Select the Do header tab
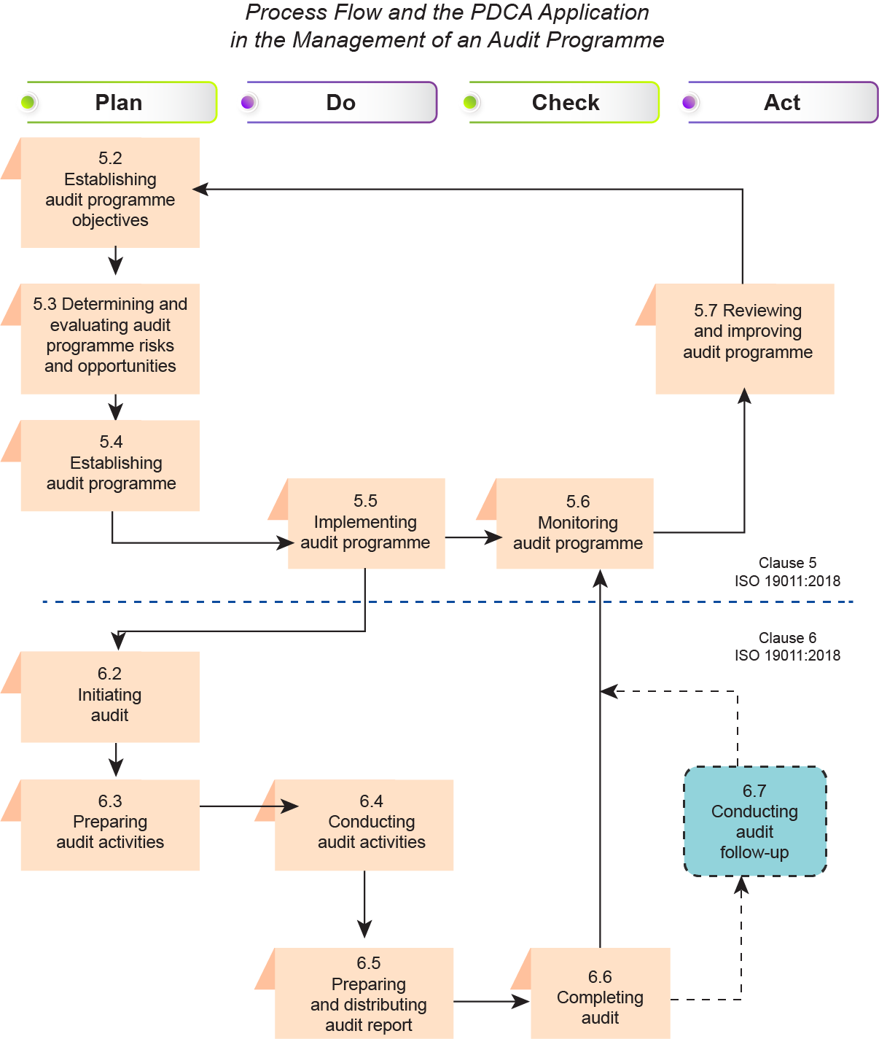point(341,103)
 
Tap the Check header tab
point(565,103)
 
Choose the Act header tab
point(781,103)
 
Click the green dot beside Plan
point(28,102)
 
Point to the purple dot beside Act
point(689,102)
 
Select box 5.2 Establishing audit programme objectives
point(110,192)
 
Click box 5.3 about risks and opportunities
point(110,338)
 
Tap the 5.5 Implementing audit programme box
point(366,524)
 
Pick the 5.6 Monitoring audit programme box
point(576,524)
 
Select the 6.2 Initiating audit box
point(110,696)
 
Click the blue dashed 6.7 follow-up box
point(755,821)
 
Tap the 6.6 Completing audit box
point(600,996)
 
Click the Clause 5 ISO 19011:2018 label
point(787,572)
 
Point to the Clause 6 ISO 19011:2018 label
point(787,647)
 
